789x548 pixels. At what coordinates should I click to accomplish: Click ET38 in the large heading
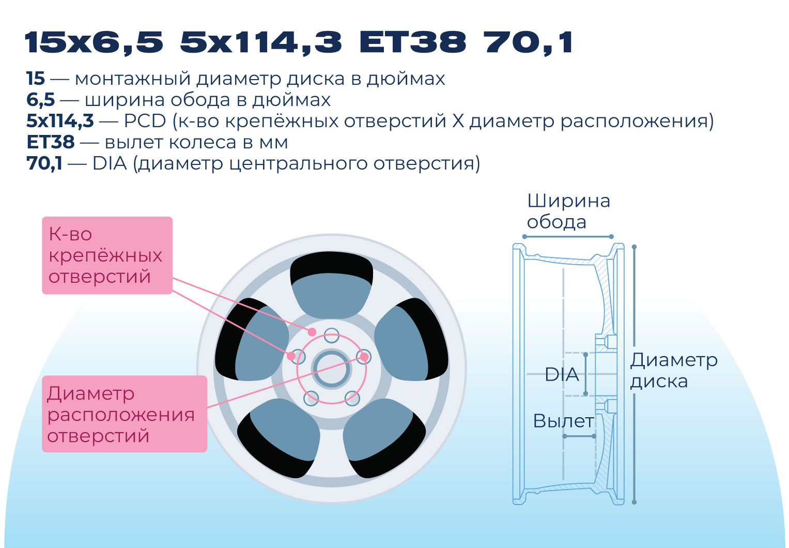click(413, 42)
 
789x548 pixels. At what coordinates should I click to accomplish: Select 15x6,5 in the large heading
click(95, 43)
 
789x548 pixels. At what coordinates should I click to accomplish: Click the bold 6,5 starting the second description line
click(40, 100)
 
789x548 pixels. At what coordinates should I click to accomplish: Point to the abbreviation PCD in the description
click(145, 121)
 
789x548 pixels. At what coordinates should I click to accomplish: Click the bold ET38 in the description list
click(51, 142)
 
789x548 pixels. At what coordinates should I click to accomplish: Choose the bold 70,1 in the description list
click(44, 163)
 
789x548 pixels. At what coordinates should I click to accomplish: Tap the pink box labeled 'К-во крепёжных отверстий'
click(107, 255)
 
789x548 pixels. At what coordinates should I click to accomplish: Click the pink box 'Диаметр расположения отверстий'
click(125, 414)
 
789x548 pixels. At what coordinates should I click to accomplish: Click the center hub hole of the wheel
click(331, 369)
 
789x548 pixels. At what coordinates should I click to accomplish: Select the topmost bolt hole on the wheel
click(331, 336)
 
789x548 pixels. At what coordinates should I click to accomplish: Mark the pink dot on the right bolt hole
click(364, 357)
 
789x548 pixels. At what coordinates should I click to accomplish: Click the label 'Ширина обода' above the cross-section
click(568, 211)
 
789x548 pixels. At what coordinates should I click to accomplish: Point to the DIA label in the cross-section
click(562, 374)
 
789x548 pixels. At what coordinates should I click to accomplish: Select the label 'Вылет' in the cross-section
click(563, 421)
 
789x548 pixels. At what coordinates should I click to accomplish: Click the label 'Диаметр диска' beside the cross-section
click(674, 371)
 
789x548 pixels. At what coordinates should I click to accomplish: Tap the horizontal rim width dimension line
click(568, 236)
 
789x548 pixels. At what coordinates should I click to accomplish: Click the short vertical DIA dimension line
click(586, 374)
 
